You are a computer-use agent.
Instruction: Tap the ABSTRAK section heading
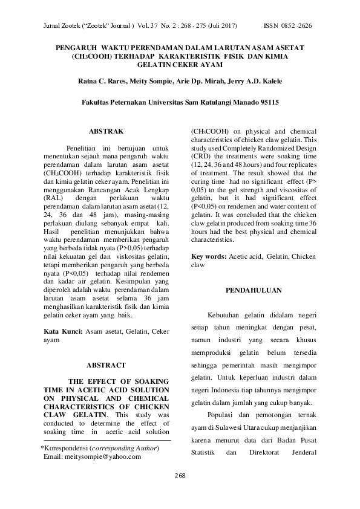pos(106,131)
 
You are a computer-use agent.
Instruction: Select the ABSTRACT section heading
pos(106,365)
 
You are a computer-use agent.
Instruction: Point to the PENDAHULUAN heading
pos(254,291)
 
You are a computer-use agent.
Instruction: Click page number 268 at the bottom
pos(180,475)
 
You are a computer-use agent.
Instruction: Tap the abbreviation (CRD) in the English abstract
pos(201,157)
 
